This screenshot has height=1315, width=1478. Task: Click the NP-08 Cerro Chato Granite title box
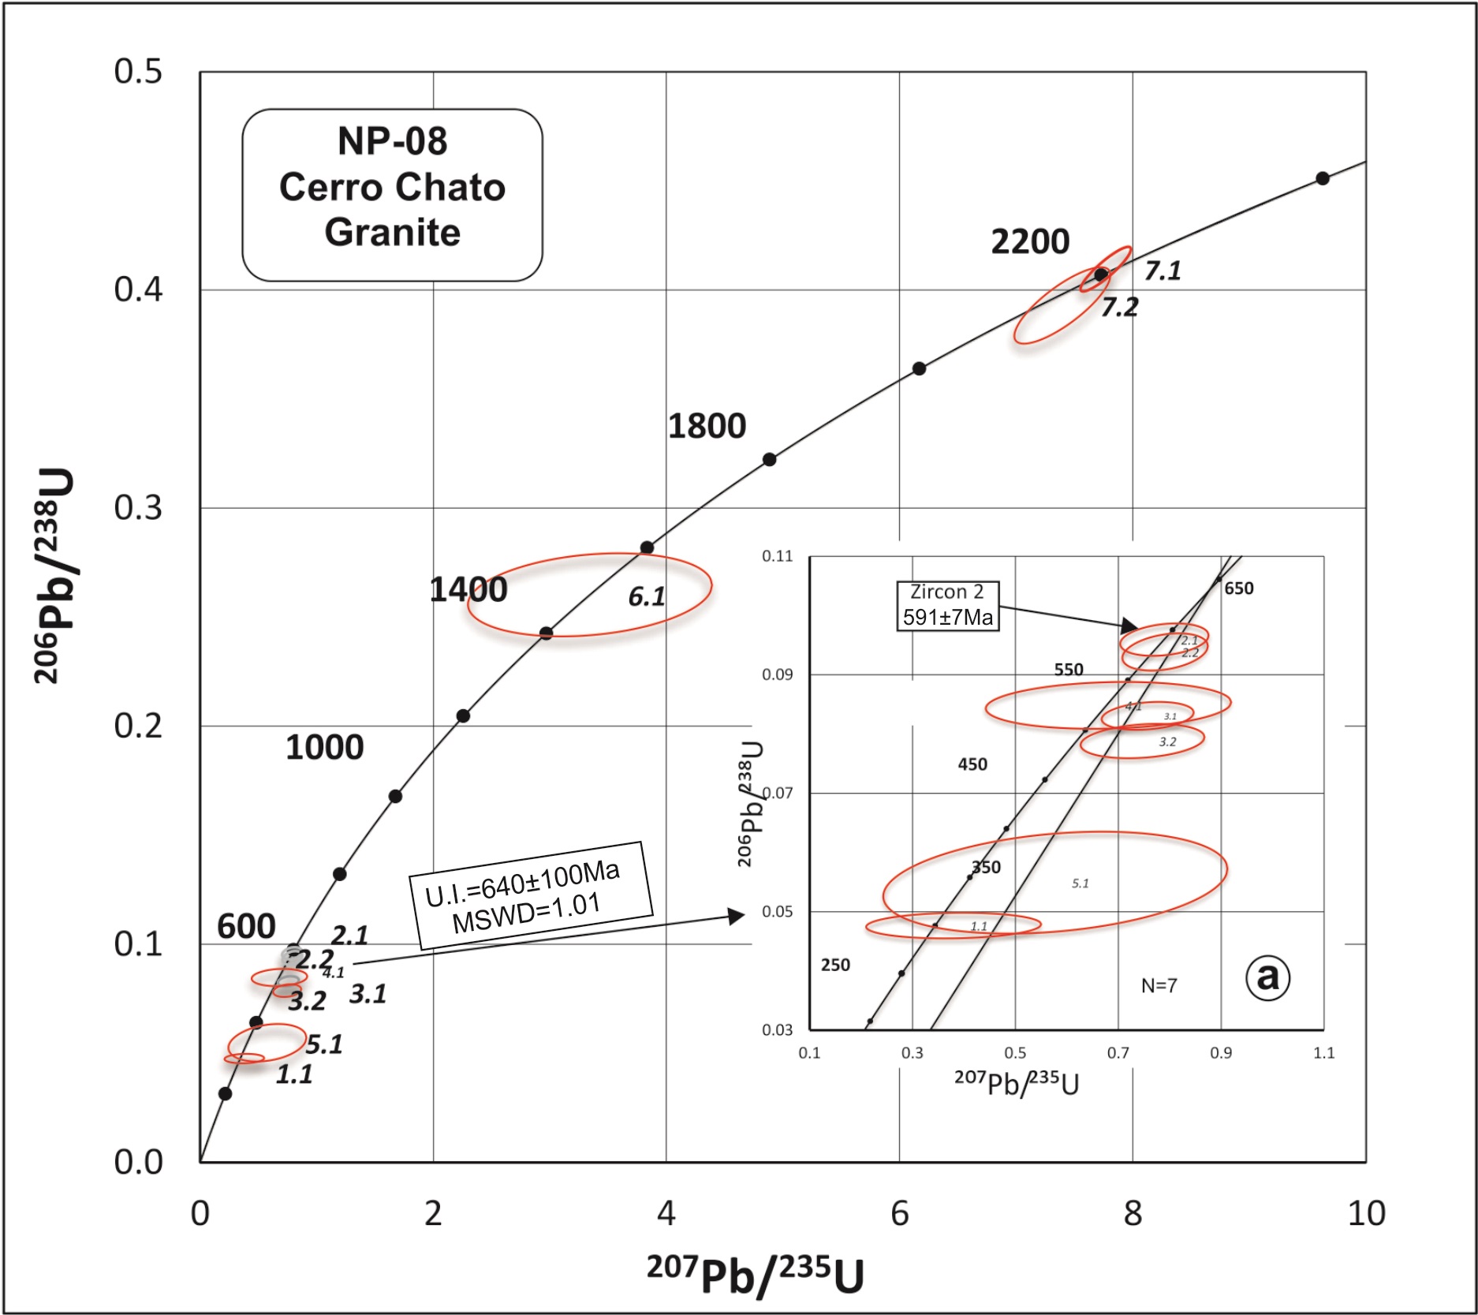[392, 195]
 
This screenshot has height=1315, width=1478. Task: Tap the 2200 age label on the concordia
[1030, 241]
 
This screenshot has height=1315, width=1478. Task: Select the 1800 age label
[707, 426]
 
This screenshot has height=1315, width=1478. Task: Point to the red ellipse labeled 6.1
[590, 595]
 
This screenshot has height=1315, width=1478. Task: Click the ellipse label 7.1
[1163, 271]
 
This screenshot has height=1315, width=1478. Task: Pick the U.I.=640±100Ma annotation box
[531, 895]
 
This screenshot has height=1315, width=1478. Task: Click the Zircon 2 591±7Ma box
[947, 605]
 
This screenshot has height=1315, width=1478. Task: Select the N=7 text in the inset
[1159, 985]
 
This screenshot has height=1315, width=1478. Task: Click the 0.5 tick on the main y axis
[138, 72]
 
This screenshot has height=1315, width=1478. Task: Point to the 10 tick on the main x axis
[1366, 1213]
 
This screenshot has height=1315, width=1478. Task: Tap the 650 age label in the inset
[1238, 588]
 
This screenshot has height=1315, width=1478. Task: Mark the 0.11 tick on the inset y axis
[777, 556]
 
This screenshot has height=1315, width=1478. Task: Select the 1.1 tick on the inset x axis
[1323, 1052]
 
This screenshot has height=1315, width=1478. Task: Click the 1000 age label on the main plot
[324, 747]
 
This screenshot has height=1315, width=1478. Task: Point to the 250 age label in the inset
[835, 965]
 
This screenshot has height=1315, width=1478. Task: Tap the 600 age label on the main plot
[246, 926]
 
